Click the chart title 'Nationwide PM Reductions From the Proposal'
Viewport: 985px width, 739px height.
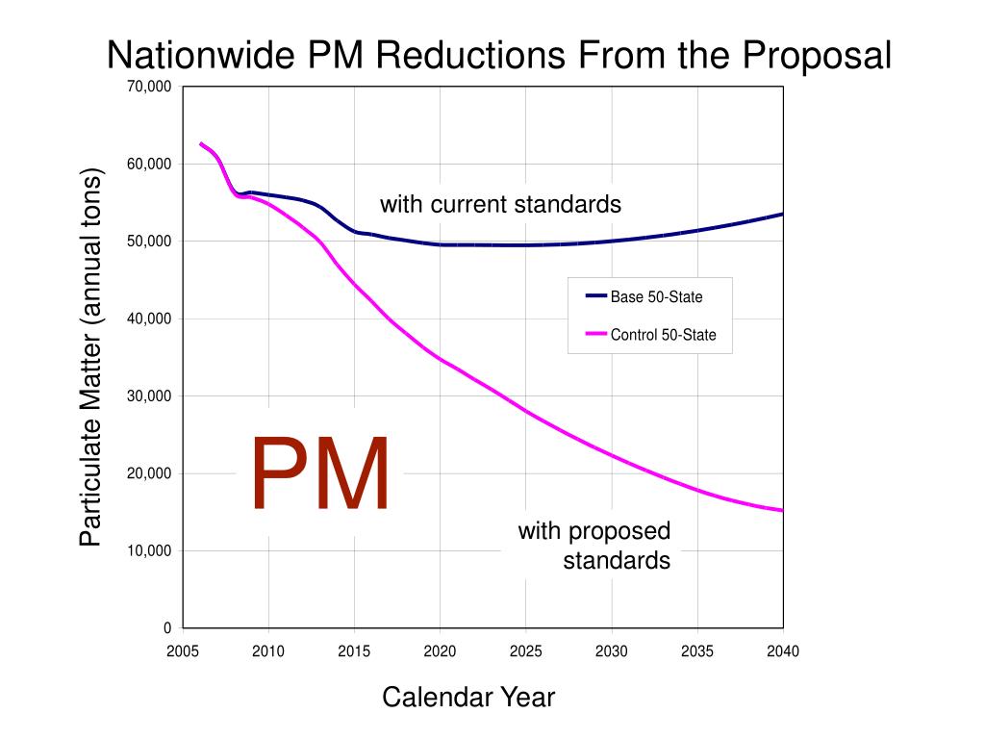[498, 55]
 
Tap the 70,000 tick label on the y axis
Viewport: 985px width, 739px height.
[148, 87]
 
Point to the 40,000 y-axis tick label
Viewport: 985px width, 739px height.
[148, 319]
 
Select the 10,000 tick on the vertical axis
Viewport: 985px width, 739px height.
[148, 550]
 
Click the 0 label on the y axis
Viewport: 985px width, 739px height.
[167, 628]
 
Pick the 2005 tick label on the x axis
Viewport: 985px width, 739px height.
[182, 651]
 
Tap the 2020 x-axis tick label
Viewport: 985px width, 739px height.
[440, 651]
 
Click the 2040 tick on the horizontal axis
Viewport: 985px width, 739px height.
[783, 651]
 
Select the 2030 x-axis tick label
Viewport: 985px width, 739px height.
[611, 651]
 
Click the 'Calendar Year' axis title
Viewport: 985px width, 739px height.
[468, 697]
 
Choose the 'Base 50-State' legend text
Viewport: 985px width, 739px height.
[656, 297]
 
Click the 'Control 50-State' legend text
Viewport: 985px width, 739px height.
[663, 335]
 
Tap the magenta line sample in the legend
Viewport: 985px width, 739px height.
[595, 335]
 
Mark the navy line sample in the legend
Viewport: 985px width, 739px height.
[595, 296]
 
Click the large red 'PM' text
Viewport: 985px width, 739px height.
[320, 474]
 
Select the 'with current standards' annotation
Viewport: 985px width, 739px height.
[500, 204]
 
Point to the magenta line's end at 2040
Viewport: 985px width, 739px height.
[782, 510]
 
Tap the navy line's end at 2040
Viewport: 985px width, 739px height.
[782, 214]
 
